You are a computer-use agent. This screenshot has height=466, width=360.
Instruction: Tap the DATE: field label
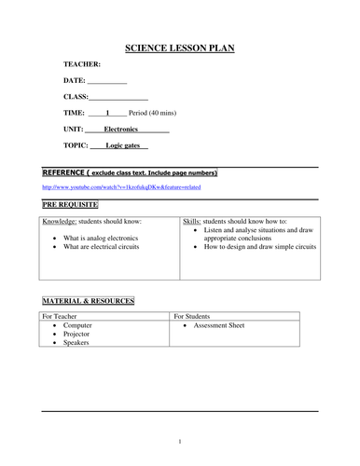74,80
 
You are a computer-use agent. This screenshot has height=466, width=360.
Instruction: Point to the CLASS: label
76,96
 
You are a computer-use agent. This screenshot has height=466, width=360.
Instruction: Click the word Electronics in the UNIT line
121,129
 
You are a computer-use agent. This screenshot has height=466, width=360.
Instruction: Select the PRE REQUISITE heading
70,203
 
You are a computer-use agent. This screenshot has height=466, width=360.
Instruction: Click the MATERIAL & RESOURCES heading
89,301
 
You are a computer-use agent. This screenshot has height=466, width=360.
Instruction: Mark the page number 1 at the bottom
179,442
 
